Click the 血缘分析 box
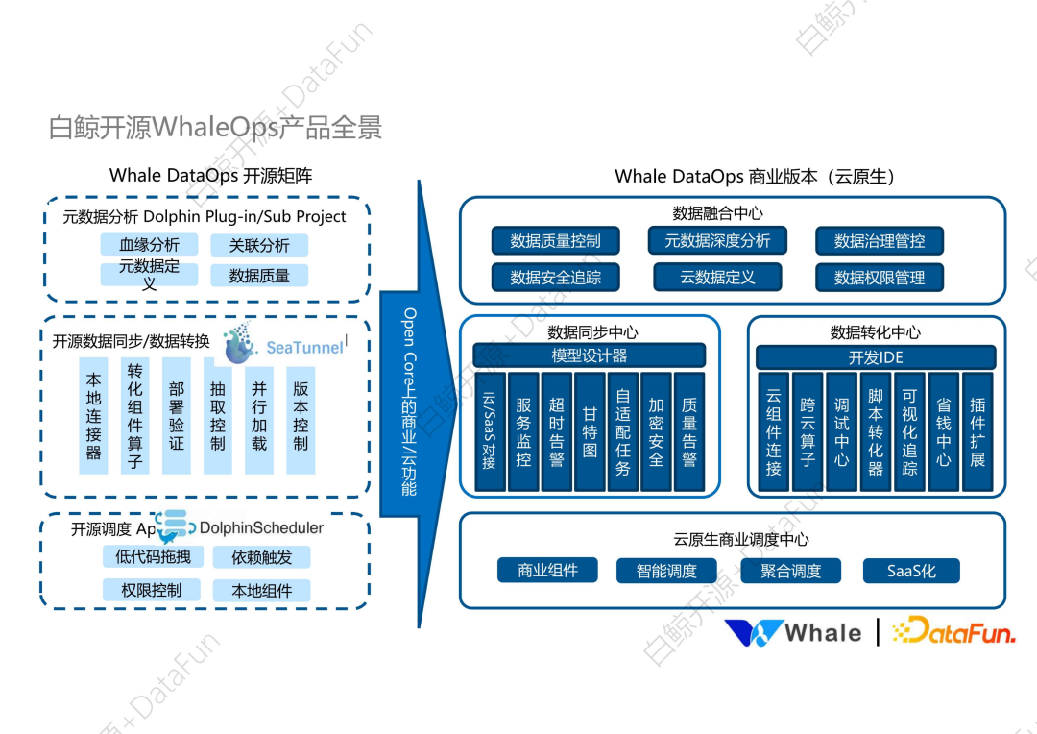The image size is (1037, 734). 149,245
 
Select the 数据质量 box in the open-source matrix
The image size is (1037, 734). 259,276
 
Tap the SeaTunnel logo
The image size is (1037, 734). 284,345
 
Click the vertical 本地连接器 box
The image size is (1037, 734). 93,415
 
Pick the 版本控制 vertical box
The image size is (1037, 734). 301,415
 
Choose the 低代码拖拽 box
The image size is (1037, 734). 153,556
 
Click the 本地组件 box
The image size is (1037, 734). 261,590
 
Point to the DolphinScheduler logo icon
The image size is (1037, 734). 174,526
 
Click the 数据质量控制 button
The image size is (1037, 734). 555,241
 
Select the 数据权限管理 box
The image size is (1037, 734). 880,278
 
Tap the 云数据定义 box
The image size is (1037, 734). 717,278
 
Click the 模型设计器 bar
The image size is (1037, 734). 589,355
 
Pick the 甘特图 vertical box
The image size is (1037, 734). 589,431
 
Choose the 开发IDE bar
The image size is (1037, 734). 875,357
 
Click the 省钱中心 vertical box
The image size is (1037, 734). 943,431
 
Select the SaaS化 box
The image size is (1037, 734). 911,571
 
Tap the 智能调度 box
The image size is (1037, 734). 666,571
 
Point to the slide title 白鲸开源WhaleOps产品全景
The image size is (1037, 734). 215,128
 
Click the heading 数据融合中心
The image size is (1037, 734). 717,213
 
